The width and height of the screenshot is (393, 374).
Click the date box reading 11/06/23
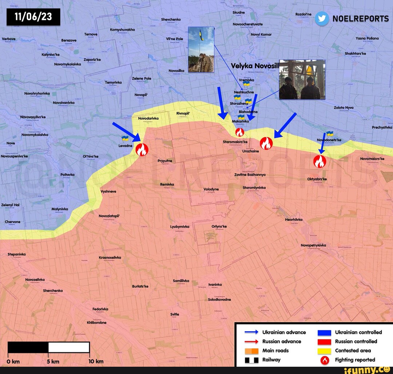(33, 17)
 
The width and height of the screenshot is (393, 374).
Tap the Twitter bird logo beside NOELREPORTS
(322, 19)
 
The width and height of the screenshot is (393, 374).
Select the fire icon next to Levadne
(141, 149)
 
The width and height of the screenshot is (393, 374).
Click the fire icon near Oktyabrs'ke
(319, 161)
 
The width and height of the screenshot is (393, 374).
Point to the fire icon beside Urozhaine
(266, 143)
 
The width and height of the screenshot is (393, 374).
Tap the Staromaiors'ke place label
(235, 142)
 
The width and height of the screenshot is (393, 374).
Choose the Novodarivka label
(148, 118)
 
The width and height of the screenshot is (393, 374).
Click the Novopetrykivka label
(313, 245)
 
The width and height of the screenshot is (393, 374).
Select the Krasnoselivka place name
(110, 257)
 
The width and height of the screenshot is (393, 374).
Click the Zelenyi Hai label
(10, 205)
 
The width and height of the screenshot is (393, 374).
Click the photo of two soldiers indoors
(302, 79)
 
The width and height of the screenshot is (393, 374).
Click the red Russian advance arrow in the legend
(251, 341)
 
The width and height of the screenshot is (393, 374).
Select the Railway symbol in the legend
(251, 360)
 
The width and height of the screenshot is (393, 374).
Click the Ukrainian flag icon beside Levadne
(125, 138)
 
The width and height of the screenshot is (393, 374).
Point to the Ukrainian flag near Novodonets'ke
(330, 134)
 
